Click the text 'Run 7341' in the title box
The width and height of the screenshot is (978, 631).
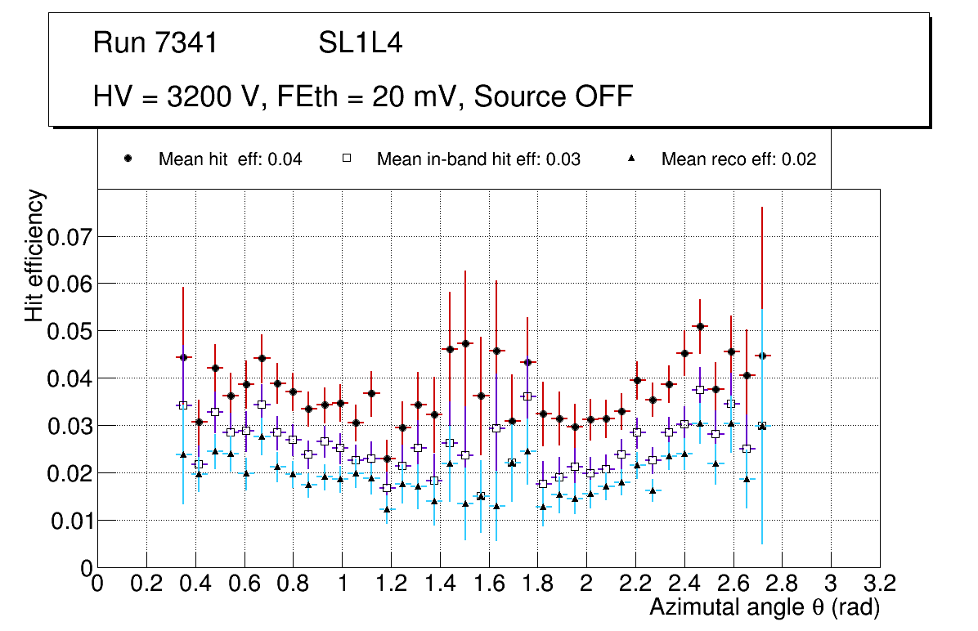coord(155,43)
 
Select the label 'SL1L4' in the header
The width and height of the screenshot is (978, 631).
coord(360,43)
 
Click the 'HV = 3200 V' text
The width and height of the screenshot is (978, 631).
coord(177,96)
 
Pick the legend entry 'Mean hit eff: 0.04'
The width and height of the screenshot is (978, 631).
coord(230,159)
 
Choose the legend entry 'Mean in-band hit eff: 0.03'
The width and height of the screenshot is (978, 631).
coord(478,159)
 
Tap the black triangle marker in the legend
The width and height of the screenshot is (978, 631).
coord(631,159)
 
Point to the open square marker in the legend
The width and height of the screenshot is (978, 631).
coord(347,159)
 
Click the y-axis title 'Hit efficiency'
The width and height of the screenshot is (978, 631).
coord(35,255)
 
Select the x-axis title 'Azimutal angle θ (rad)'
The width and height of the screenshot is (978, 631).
coord(765,607)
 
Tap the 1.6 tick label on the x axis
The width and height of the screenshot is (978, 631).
coord(488,583)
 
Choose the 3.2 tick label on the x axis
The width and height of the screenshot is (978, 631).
coord(880,583)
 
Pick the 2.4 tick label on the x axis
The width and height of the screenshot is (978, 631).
coord(684,583)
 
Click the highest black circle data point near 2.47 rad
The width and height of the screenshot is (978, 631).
coord(700,326)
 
